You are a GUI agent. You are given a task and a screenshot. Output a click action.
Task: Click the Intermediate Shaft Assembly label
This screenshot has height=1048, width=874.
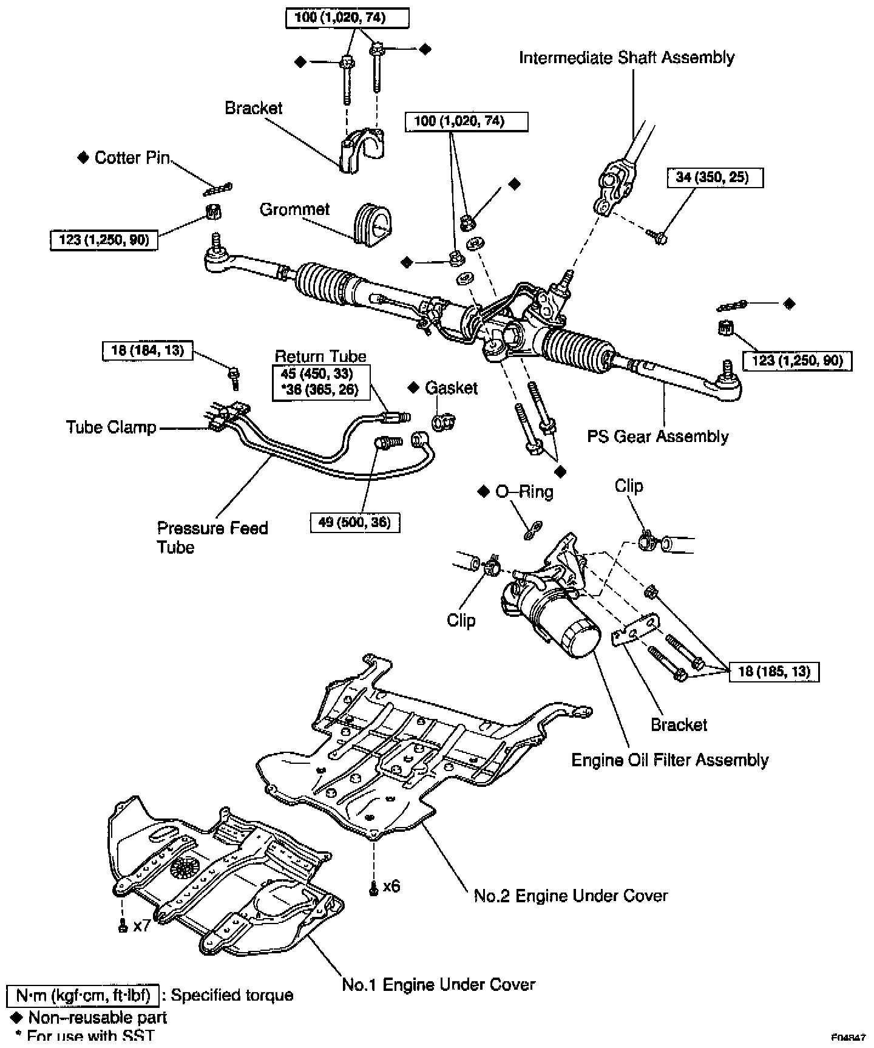(626, 58)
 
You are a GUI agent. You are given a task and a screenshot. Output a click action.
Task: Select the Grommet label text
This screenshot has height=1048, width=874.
(294, 209)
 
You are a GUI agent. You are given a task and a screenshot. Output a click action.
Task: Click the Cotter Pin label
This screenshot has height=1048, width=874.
(132, 158)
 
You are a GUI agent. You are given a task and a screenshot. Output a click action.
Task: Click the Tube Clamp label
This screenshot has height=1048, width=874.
(111, 427)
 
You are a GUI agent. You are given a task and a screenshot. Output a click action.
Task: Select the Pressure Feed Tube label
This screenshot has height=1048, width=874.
(212, 537)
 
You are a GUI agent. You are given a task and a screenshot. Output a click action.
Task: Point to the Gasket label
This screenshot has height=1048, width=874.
(451, 388)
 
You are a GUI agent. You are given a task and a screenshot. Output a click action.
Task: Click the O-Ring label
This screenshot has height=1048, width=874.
(524, 491)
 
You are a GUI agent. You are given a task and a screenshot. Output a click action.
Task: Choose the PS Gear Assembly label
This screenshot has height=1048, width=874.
(658, 437)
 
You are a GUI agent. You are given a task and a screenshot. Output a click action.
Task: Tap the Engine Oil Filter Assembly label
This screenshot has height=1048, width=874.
(670, 760)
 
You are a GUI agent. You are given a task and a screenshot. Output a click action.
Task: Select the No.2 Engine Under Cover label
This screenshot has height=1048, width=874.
(571, 896)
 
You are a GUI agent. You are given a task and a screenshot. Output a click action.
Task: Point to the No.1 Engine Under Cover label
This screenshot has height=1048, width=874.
(438, 984)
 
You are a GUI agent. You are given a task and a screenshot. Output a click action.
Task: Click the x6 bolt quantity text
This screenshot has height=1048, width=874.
(391, 886)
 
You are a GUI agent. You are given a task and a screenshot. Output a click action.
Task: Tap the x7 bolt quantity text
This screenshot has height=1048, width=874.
(141, 926)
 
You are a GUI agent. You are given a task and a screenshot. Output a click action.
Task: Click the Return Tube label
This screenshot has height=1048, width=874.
(320, 356)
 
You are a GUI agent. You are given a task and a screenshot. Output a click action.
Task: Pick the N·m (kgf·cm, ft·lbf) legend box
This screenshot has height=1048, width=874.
(83, 995)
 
